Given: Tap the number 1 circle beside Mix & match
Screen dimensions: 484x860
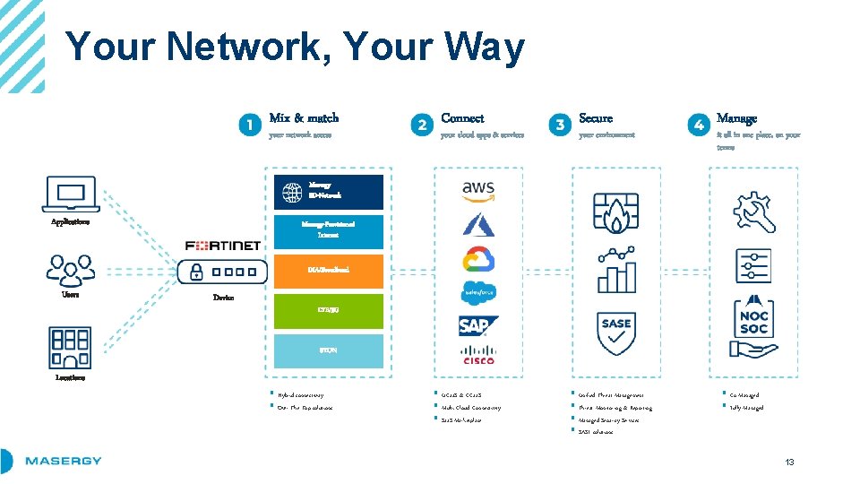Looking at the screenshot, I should pyautogui.click(x=251, y=125).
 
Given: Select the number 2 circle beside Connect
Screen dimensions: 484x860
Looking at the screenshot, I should pyautogui.click(x=422, y=125).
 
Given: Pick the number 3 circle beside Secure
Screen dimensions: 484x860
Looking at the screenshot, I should pyautogui.click(x=560, y=125).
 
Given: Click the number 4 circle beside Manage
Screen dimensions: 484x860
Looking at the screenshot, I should pyautogui.click(x=698, y=125).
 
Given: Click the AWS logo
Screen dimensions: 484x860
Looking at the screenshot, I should pyautogui.click(x=478, y=189).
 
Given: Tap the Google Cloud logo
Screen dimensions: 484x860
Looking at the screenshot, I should pyautogui.click(x=478, y=260).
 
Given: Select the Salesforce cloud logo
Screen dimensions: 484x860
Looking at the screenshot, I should pyautogui.click(x=478, y=292).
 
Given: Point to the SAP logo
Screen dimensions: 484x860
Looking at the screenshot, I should pyautogui.click(x=478, y=324).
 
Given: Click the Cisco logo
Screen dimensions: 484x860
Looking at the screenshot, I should pyautogui.click(x=478, y=355).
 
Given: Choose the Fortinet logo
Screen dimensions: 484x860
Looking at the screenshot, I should pyautogui.click(x=222, y=246).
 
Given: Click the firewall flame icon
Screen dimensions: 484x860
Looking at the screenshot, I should pyautogui.click(x=616, y=212).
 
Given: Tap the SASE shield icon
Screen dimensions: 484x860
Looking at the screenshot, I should pyautogui.click(x=616, y=332).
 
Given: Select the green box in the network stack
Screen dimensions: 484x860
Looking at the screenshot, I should pyautogui.click(x=329, y=310).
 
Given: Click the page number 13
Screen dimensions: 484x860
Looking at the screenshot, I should pyautogui.click(x=789, y=462).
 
